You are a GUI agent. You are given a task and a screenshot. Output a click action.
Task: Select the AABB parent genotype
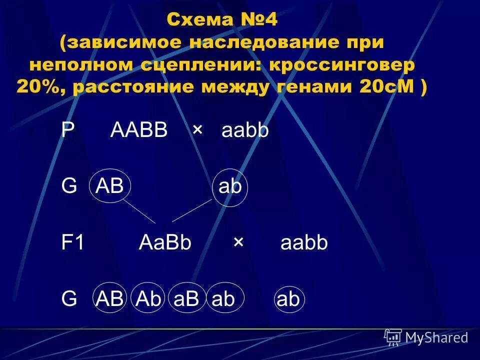[139, 130]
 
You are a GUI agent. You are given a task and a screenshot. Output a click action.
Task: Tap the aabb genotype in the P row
[245, 130]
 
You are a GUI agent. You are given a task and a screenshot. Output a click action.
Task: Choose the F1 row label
[73, 243]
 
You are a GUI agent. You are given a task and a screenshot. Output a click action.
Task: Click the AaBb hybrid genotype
[165, 243]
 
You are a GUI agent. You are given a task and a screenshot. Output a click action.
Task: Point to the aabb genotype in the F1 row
[304, 243]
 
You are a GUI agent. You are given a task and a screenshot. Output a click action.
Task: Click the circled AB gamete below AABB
[109, 187]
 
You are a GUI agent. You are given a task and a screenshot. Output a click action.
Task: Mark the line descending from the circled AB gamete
[139, 211]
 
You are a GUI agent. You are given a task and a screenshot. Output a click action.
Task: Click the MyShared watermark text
[436, 337]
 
